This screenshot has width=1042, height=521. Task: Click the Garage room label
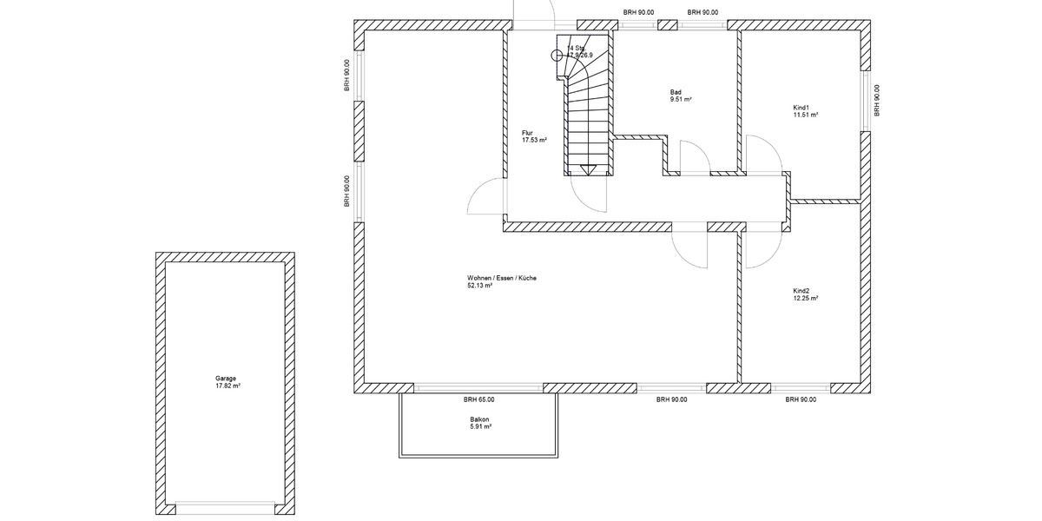coord(226,379)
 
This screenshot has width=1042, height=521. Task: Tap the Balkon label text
coord(479,419)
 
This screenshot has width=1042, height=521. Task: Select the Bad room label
coord(676,92)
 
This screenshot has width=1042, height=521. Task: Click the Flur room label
coord(527,133)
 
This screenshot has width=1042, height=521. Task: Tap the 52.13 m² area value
coord(480,286)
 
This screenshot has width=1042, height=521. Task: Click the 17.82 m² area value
coord(228,386)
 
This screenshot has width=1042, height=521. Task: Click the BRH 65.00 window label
coord(478,400)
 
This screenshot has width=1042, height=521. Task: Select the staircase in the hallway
coord(587,113)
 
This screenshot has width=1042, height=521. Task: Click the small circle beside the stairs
coord(557,55)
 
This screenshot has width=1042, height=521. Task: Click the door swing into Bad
coord(695,157)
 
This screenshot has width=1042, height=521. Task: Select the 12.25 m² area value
coord(805,298)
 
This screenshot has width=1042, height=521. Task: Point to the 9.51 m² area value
coord(681,100)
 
